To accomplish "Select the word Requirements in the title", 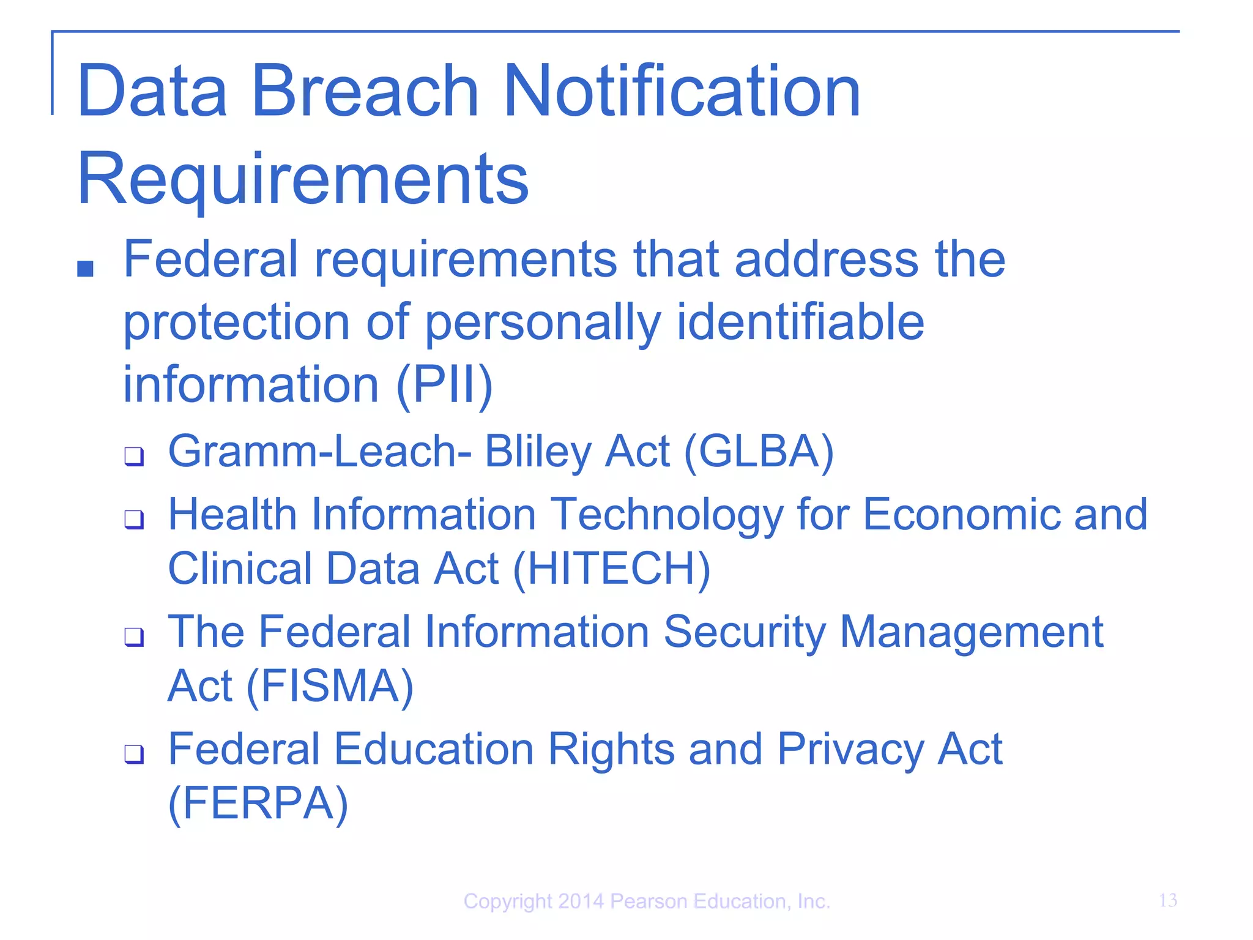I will pyautogui.click(x=303, y=181).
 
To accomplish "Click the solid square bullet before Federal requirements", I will pyautogui.click(x=86, y=269).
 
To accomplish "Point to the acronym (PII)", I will pyautogui.click(x=445, y=386).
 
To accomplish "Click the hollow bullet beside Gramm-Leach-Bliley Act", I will pyautogui.click(x=134, y=456).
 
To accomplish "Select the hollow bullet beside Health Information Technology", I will pyautogui.click(x=134, y=520).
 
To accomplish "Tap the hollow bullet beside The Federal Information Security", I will pyautogui.click(x=134, y=636).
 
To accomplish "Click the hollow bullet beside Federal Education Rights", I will pyautogui.click(x=134, y=754).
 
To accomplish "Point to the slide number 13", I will pyautogui.click(x=1167, y=900).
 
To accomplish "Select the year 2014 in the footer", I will pyautogui.click(x=581, y=901).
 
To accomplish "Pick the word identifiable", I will pyautogui.click(x=800, y=323).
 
